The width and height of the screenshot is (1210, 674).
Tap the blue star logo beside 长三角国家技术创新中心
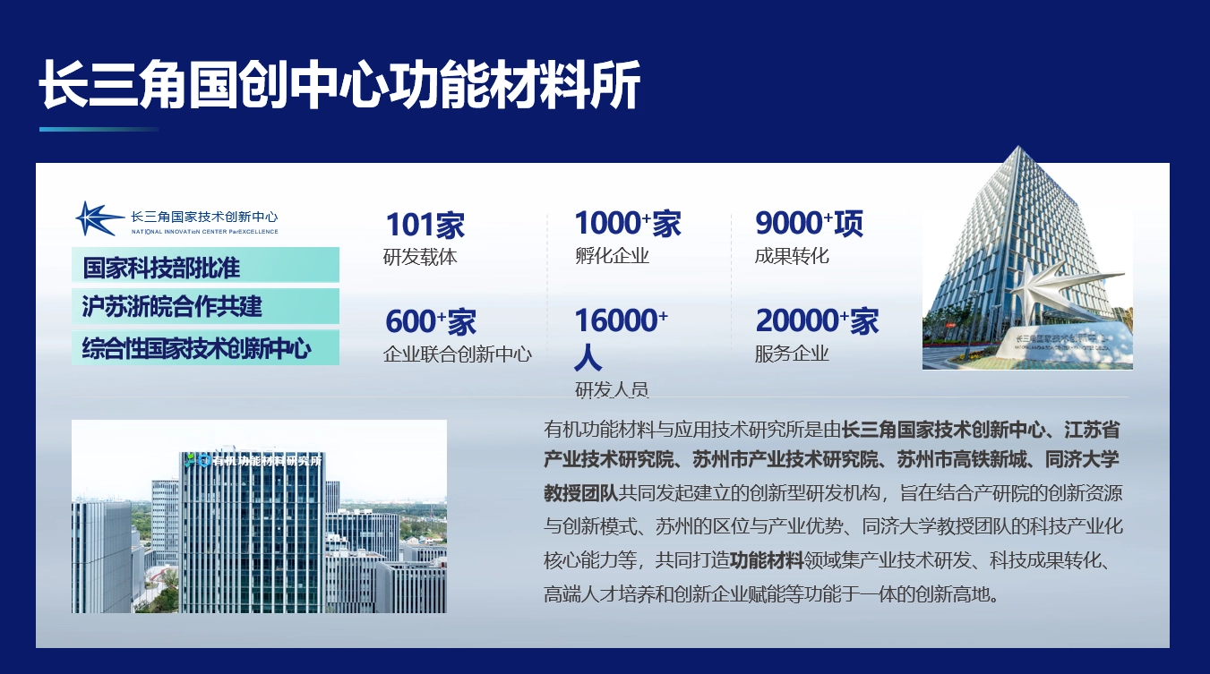coord(99,218)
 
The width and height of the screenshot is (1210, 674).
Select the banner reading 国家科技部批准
coord(205,266)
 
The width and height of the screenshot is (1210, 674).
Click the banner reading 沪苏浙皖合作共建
coord(205,306)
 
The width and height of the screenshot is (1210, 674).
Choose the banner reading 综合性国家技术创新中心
coord(205,347)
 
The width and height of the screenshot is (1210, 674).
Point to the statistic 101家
coord(425,225)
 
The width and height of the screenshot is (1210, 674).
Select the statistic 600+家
coord(431,321)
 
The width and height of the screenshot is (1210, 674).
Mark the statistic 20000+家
coord(817,320)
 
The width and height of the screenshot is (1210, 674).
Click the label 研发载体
coord(420,257)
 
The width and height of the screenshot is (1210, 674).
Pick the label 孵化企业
coord(612,256)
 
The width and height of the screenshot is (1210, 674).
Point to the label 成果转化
coord(792,256)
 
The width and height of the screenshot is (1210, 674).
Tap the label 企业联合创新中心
coord(458,354)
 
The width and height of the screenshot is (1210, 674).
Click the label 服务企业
coord(792,354)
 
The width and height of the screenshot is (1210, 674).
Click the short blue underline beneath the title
coord(99,130)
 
